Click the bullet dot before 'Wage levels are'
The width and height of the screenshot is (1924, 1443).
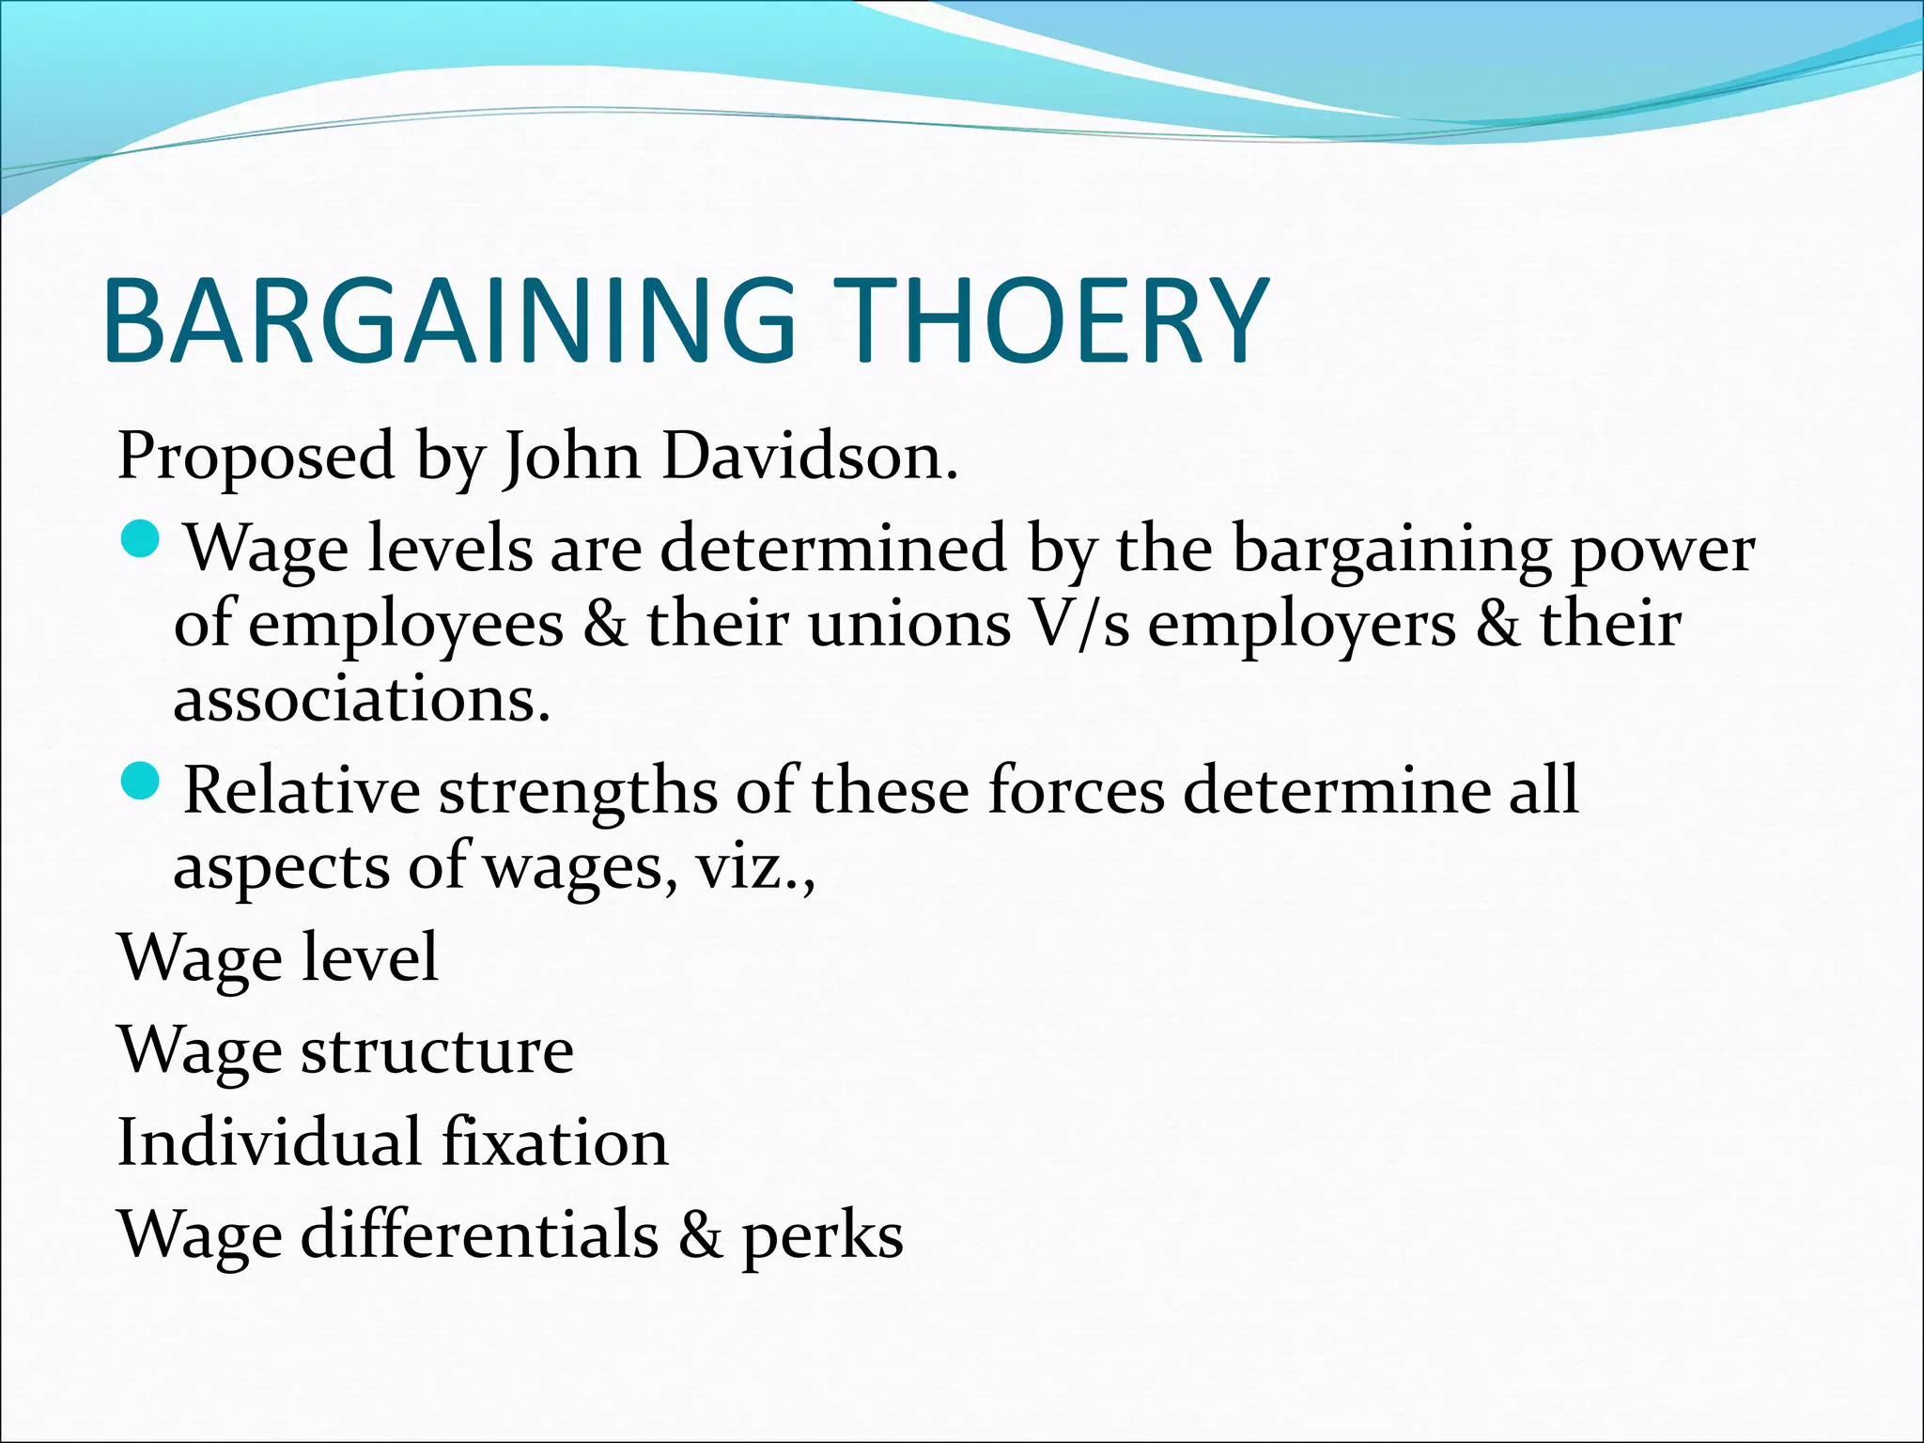(x=143, y=542)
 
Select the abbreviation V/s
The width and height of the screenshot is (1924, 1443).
(x=1079, y=624)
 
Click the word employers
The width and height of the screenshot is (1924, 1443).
(x=1302, y=626)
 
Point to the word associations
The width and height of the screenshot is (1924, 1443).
(x=361, y=699)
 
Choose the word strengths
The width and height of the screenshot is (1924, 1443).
(x=578, y=791)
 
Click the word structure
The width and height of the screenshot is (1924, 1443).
(x=437, y=1050)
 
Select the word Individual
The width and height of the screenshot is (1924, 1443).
(x=269, y=1142)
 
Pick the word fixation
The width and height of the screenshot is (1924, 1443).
(x=554, y=1142)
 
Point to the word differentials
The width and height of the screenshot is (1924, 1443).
(x=479, y=1234)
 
